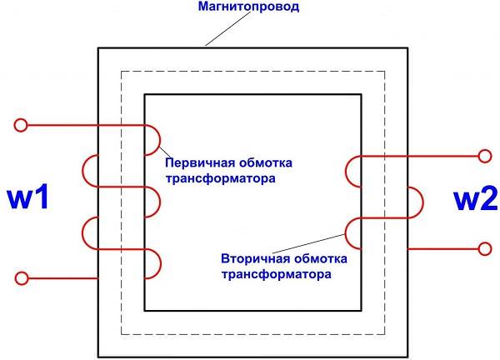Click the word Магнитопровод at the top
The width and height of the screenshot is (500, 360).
[x=248, y=7]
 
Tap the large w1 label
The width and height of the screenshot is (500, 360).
[x=27, y=197]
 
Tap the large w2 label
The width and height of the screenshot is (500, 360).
[x=476, y=199]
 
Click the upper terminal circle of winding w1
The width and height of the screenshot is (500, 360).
[x=21, y=125]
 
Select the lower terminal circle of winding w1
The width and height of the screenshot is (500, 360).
[x=22, y=278]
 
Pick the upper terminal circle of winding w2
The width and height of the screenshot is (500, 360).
[x=485, y=156]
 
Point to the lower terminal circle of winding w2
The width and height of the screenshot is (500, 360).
[x=485, y=248]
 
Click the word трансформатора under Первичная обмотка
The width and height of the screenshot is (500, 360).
[x=220, y=178]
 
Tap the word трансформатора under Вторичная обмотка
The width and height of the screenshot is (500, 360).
[x=276, y=274]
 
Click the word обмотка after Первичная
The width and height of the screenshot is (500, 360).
[x=266, y=163]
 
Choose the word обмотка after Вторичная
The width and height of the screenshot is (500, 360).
[x=321, y=258]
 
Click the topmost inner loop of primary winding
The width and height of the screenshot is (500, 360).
[x=160, y=140]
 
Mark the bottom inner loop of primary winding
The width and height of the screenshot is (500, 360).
[x=161, y=264]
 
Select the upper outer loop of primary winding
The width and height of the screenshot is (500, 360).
[x=82, y=171]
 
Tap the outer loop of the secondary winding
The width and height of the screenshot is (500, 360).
[x=422, y=202]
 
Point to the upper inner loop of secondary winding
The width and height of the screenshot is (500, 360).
[x=347, y=172]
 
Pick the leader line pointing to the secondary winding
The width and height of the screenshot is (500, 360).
[x=308, y=243]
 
